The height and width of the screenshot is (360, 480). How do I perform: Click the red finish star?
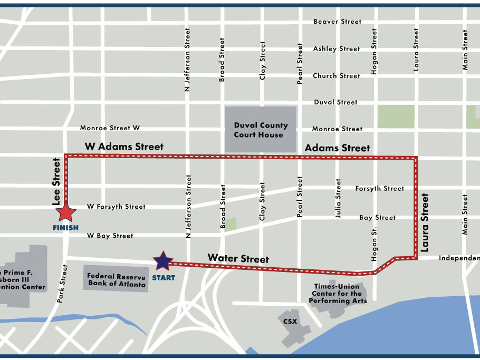tap(66, 212)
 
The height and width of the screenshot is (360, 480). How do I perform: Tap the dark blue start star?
tap(163, 260)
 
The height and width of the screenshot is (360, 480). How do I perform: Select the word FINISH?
tap(66, 228)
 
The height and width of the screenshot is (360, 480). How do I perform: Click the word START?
tap(164, 278)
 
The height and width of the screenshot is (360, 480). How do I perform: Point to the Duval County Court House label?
tap(261, 130)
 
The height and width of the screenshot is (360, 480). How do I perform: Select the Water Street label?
tap(238, 258)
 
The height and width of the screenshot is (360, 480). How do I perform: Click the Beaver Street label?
tap(337, 22)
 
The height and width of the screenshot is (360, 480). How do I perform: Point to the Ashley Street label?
tap(337, 48)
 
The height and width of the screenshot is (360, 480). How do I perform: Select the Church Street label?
tap(337, 75)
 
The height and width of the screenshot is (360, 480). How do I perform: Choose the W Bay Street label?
tap(110, 236)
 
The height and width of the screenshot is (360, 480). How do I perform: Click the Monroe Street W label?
tap(110, 128)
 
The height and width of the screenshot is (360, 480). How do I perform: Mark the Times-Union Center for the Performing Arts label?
tap(337, 294)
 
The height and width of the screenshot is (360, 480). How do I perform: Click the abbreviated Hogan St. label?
tap(375, 245)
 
